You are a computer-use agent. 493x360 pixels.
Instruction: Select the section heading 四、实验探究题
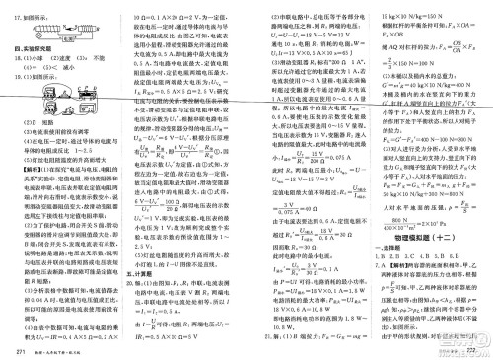pos(37,48)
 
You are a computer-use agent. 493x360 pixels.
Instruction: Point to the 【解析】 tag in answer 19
pos(28,170)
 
